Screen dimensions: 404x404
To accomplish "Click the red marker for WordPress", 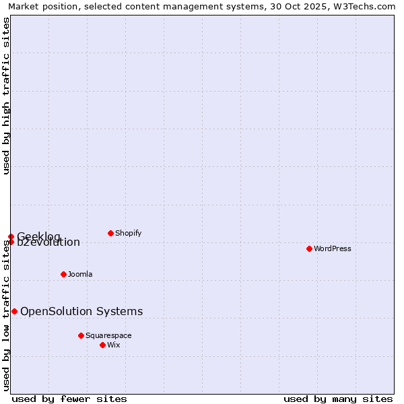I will (x=309, y=248).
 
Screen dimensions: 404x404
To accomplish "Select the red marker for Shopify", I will (x=110, y=233).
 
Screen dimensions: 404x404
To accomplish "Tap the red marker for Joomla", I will (x=63, y=274).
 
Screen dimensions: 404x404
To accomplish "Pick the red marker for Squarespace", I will (x=81, y=335).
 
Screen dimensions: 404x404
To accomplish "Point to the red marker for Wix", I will (x=102, y=345).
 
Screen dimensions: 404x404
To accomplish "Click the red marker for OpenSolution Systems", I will (x=14, y=311).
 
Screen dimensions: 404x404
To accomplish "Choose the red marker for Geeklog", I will (x=11, y=236).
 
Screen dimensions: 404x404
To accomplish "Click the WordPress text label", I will (x=333, y=248).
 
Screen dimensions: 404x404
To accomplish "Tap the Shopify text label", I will (x=129, y=233).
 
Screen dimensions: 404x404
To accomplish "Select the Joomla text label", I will (x=80, y=274).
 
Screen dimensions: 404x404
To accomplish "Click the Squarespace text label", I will (x=108, y=335).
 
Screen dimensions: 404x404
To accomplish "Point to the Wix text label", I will (x=114, y=345).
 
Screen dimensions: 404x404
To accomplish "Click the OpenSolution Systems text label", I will (x=81, y=311).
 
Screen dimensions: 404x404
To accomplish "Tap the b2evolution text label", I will (x=48, y=243).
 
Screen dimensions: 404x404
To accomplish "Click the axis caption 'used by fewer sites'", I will (x=69, y=399).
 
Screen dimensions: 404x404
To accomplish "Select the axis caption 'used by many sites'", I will (x=338, y=399).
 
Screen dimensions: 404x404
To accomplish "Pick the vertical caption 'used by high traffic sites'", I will (x=6, y=96).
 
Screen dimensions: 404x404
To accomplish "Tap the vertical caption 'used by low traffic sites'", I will (x=6, y=316).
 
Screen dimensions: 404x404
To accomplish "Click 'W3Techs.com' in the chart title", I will (x=364, y=6).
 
